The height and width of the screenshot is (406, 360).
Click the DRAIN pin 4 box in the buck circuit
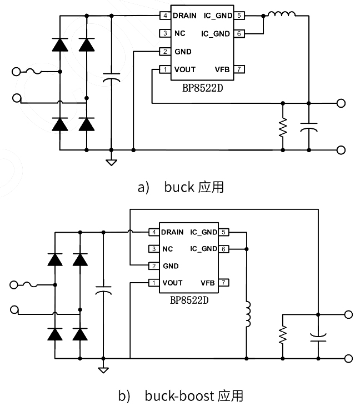(x=166, y=16)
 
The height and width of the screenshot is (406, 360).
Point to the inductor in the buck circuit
(x=281, y=14)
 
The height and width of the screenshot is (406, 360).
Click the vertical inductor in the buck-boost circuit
(x=248, y=315)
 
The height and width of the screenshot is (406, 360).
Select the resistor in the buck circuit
(x=283, y=127)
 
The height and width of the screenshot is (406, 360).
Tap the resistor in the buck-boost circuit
(x=283, y=334)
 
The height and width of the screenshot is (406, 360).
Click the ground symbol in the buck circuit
(x=112, y=162)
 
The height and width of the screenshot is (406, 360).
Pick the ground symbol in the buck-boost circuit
(x=103, y=369)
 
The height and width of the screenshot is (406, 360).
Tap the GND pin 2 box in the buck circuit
(x=166, y=52)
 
